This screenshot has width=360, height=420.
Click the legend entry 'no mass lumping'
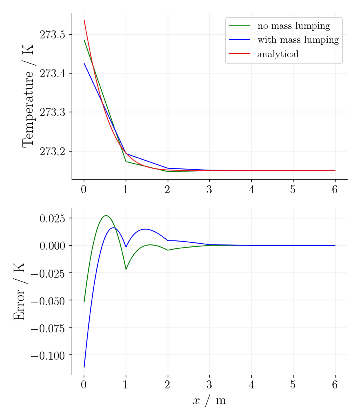tap(294, 26)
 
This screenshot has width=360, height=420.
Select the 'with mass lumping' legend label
tap(298, 40)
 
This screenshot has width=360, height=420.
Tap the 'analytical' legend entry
tap(278, 54)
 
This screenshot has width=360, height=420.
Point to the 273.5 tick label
tap(52, 35)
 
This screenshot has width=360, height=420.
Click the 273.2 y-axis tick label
tap(52, 151)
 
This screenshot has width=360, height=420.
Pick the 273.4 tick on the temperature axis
tap(52, 74)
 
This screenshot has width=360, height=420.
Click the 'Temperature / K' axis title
tap(28, 96)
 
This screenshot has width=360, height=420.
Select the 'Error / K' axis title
tap(19, 291)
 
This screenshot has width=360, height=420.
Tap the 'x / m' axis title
tap(209, 401)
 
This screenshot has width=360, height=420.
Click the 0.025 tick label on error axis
tap(52, 218)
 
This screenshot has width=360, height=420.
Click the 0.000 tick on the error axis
tap(52, 246)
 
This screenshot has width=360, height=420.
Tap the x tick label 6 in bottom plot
tap(335, 385)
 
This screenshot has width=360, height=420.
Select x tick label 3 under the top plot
tap(209, 190)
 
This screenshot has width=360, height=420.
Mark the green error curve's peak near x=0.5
tap(106, 216)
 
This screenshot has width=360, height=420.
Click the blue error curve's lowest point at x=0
tap(84, 367)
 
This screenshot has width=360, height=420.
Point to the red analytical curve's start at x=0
tap(84, 20)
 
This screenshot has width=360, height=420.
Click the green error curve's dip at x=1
tap(126, 269)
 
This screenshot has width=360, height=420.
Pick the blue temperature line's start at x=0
tap(84, 63)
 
